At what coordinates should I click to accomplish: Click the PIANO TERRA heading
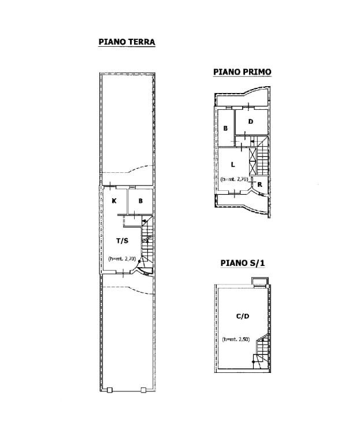point(127,42)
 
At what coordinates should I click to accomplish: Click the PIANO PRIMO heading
point(242,72)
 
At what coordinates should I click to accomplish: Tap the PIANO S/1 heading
point(243,263)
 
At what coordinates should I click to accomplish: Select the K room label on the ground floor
point(114,201)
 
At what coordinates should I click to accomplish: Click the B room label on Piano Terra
point(140,201)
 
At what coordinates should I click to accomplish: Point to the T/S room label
point(123,240)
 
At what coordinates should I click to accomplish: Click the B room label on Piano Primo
point(225,128)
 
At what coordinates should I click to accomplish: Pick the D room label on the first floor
point(251,121)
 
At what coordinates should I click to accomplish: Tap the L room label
point(233,164)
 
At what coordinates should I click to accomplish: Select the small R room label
point(260,184)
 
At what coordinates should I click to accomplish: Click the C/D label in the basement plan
point(243,316)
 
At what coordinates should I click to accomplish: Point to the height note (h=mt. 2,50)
point(236,339)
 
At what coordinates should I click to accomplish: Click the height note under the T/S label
point(123,258)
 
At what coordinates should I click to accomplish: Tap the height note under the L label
point(235,179)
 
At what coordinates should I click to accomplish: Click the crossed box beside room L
point(253,161)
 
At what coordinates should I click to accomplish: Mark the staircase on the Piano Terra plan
point(147,243)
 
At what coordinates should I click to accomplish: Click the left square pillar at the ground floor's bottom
point(110,390)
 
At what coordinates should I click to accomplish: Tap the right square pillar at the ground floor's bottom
point(143,390)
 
